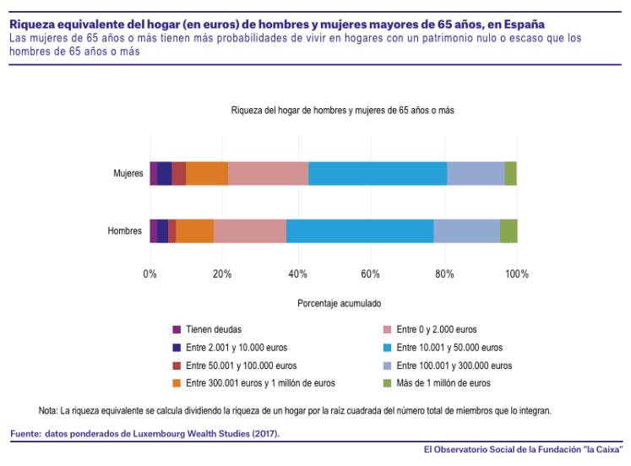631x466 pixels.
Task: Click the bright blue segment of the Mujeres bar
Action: click(378, 173)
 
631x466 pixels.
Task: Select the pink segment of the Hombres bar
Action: click(250, 230)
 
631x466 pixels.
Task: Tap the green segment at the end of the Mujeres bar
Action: click(510, 173)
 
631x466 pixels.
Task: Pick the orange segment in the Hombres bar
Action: click(194, 230)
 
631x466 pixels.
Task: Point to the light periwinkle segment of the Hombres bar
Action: click(466, 230)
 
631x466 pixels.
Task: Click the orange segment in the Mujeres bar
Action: click(207, 173)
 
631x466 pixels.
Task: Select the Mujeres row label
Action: click(128, 174)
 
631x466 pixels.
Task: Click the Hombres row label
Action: click(125, 231)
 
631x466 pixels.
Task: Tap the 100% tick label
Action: click(516, 274)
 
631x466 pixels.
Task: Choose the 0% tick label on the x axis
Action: click(150, 274)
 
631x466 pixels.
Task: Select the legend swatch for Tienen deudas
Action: click(177, 329)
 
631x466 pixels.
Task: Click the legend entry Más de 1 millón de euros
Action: click(443, 383)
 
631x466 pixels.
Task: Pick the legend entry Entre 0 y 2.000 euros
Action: click(437, 329)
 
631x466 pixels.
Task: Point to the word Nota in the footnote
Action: click(47, 411)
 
